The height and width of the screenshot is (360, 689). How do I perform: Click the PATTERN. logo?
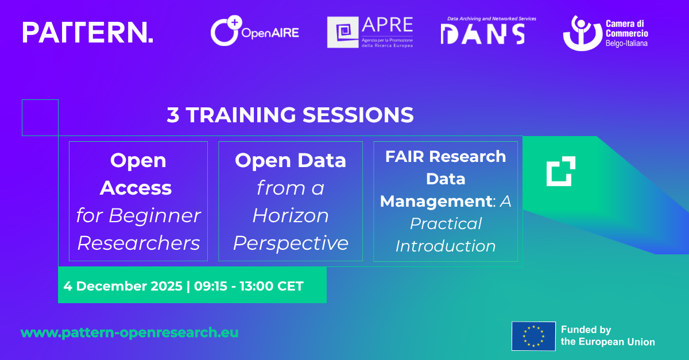click(x=88, y=32)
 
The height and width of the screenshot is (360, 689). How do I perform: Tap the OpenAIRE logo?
click(x=255, y=31)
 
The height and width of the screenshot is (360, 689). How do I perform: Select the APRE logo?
click(x=370, y=32)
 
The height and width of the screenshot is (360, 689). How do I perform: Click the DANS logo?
click(x=489, y=31)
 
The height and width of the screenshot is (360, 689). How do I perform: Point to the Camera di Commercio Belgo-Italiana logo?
click(x=605, y=33)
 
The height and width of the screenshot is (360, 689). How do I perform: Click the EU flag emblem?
click(x=533, y=336)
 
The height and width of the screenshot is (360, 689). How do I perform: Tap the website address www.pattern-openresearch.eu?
click(x=130, y=332)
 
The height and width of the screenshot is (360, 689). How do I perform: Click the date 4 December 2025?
click(x=123, y=286)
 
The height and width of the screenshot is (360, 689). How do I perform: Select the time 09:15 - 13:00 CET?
click(x=249, y=286)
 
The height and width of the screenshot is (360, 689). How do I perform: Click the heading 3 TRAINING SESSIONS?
click(x=290, y=115)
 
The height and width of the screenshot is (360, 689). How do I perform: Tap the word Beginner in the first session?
click(x=154, y=216)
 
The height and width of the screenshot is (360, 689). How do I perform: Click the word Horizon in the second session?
click(x=291, y=215)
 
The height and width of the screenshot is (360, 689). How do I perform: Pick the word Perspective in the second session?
click(x=291, y=243)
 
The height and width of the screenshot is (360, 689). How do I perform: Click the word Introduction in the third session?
click(x=446, y=246)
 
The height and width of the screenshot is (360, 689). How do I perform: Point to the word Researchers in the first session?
click(x=138, y=243)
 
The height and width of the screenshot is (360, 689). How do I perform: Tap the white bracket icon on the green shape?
click(x=561, y=171)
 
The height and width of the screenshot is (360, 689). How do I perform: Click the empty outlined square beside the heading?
click(x=40, y=100)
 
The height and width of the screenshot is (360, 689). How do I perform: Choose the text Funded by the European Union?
click(x=608, y=336)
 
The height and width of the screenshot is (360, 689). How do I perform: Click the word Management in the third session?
click(x=436, y=202)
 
